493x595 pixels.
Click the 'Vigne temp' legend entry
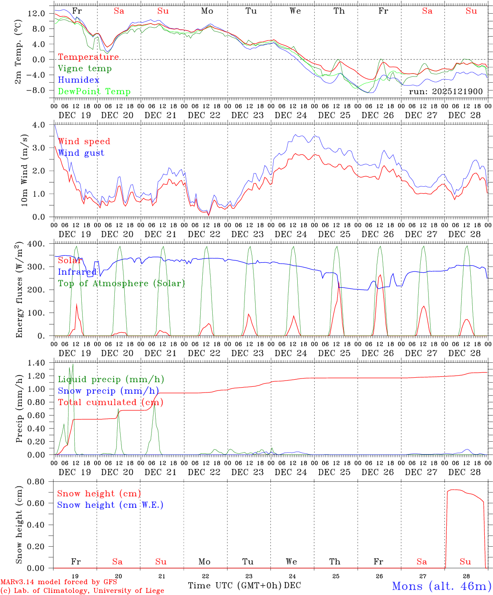pos(85,69)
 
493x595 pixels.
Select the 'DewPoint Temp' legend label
pos(94,92)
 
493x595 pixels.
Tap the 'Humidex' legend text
pos(78,80)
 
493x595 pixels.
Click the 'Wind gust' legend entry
pos(81,153)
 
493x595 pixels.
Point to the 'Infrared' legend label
pos(77,272)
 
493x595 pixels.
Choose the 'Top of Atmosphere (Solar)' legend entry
pos(121,283)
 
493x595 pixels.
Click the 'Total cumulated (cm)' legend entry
pos(110,402)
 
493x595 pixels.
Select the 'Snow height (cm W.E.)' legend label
pos(110,505)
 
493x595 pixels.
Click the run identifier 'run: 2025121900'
pos(446,91)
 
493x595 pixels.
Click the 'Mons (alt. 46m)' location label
pos(441,586)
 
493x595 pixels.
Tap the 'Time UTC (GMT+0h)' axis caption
pos(235,585)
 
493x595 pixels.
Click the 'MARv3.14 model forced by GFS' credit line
pos(59,582)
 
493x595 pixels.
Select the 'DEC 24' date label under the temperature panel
pos(291,115)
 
